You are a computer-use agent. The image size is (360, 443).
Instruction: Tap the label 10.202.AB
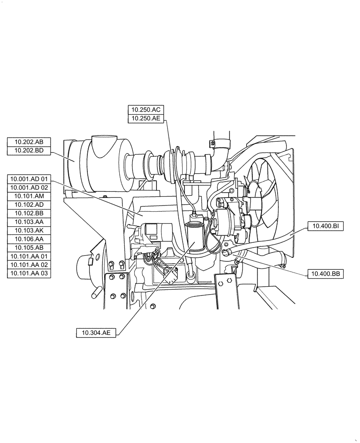point(29,142)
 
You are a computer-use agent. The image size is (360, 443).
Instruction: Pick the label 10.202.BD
point(29,151)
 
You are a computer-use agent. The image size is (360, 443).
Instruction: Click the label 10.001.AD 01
point(29,179)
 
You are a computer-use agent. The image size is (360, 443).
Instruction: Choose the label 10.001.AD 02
point(29,187)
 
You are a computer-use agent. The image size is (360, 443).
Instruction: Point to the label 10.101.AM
point(29,196)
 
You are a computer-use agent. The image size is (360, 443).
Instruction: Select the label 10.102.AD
point(29,205)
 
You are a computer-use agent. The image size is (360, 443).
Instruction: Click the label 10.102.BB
point(29,213)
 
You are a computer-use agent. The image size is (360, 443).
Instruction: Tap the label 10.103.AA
point(29,221)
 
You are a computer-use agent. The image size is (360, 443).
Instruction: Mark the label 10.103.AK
point(29,230)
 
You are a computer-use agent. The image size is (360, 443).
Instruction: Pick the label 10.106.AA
point(29,239)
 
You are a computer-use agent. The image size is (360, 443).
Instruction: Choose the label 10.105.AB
point(29,248)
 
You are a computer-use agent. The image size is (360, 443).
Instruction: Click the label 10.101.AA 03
point(29,273)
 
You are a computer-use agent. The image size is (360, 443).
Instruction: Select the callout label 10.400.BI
point(325,226)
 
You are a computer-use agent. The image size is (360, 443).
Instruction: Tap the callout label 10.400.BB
point(325,274)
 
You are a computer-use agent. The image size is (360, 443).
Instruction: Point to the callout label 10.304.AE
point(96,333)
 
